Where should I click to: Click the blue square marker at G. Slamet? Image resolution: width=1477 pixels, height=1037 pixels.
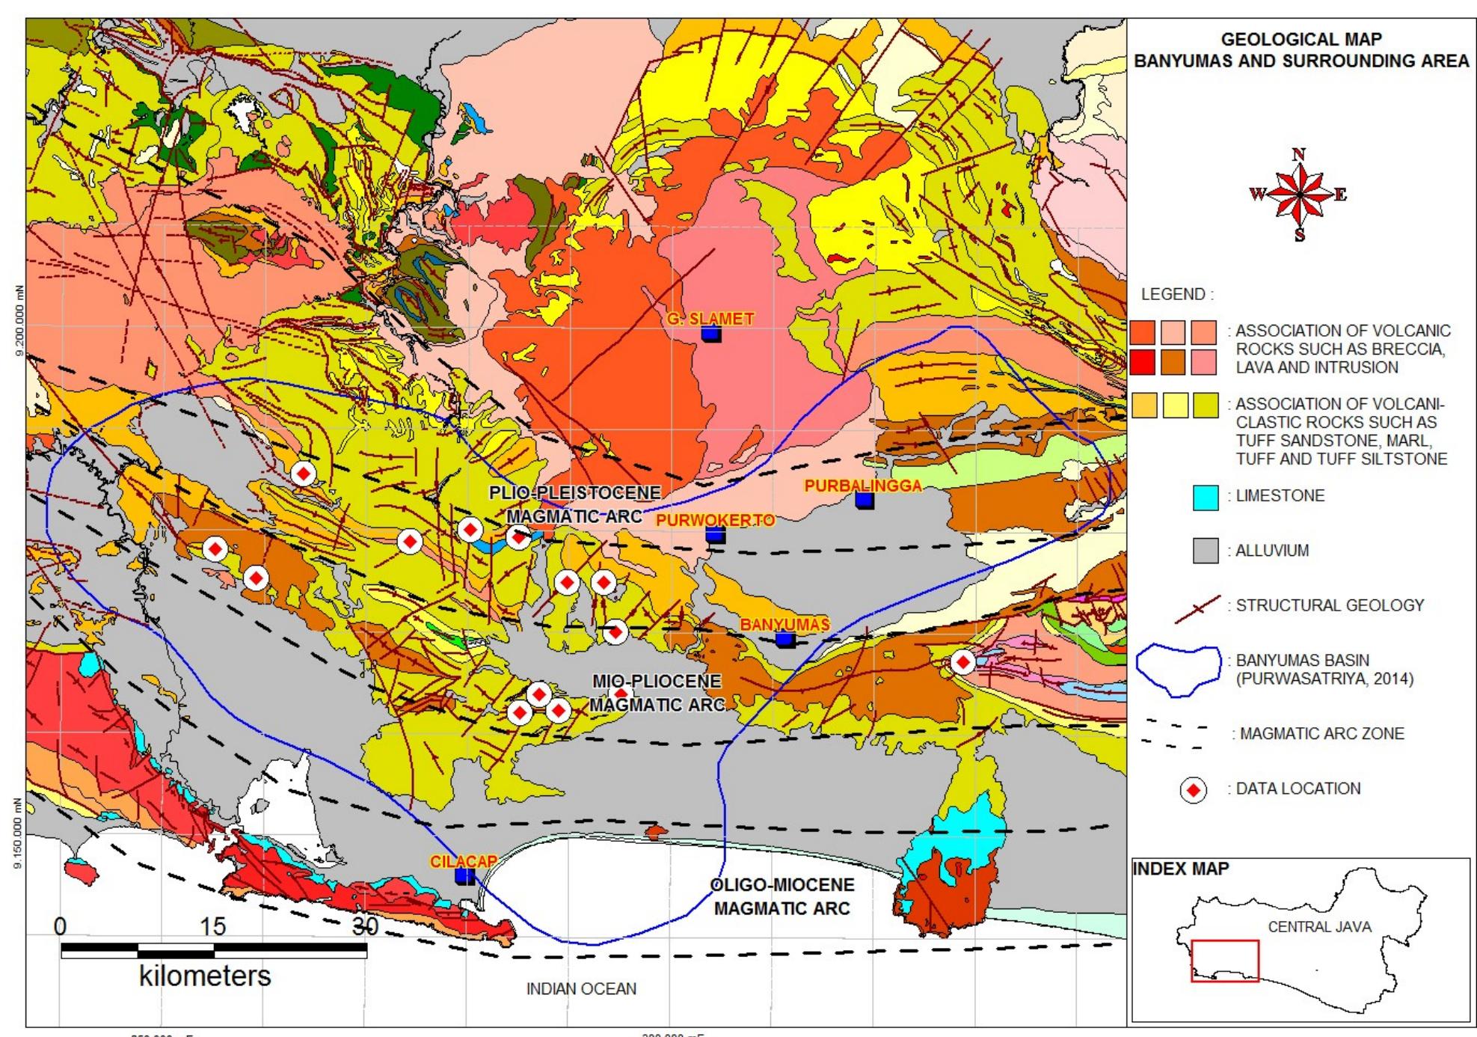click(711, 334)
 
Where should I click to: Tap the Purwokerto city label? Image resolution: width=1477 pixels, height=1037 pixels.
click(714, 520)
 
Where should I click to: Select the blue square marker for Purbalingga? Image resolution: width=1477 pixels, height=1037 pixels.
click(865, 500)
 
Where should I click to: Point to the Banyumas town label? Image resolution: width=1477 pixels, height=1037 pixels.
click(784, 625)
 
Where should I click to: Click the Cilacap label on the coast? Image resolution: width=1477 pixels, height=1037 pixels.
click(463, 861)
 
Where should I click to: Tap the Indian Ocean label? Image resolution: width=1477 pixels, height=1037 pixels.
click(581, 989)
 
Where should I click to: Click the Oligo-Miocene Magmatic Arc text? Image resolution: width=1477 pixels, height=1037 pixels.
click(782, 897)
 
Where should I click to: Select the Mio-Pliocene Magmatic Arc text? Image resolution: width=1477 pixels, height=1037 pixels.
click(657, 693)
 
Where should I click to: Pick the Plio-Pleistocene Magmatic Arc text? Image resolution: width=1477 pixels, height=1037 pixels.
click(574, 504)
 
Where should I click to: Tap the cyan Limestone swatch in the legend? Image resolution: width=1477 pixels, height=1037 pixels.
click(1206, 498)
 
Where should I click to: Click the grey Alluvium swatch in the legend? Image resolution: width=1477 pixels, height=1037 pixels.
click(1206, 551)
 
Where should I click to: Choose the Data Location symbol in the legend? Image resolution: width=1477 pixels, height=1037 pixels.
click(1194, 789)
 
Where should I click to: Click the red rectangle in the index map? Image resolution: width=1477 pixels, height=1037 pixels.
click(1225, 961)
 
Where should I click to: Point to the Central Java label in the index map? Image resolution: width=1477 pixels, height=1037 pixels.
click(1319, 927)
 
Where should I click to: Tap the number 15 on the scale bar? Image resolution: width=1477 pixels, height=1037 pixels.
click(212, 926)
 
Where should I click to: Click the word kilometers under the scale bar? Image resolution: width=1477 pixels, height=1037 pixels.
click(205, 976)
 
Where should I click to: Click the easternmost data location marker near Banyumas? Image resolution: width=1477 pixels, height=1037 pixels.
click(962, 662)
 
